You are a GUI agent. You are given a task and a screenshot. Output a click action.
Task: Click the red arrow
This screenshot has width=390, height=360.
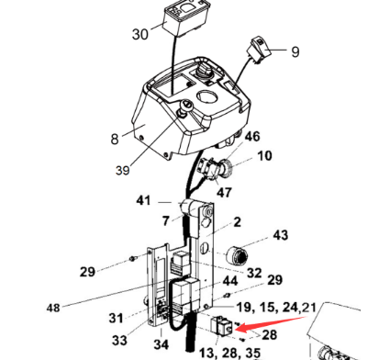(x=271, y=324)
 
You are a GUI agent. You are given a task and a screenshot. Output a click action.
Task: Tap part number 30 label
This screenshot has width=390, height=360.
(x=140, y=34)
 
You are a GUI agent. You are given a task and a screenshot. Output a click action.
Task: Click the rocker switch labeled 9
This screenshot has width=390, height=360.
(x=260, y=50)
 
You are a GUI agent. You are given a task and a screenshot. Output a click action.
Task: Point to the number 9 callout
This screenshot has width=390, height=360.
(x=295, y=51)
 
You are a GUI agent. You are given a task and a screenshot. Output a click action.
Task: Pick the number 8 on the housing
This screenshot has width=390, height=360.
(x=115, y=139)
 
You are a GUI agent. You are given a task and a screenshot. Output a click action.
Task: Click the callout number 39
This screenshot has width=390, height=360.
(x=123, y=170)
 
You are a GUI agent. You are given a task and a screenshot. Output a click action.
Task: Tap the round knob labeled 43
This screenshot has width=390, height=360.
(x=238, y=254)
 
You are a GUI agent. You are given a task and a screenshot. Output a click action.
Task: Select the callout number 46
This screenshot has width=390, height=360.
(x=252, y=136)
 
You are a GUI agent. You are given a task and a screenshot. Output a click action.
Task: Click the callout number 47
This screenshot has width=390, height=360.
(x=224, y=193)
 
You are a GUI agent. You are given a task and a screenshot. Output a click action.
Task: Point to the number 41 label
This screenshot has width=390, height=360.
(x=143, y=201)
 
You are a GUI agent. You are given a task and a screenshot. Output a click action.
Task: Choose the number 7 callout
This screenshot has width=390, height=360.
(x=165, y=220)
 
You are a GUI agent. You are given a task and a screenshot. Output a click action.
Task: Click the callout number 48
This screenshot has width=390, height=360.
(x=53, y=308)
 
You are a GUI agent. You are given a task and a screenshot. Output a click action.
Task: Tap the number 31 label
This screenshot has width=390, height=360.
(x=116, y=318)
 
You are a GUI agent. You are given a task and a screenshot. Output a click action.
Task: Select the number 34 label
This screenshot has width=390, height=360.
(x=161, y=344)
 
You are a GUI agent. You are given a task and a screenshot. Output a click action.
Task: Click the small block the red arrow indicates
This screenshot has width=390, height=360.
(x=222, y=325)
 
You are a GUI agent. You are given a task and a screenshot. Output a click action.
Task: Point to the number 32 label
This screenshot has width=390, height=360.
(x=254, y=273)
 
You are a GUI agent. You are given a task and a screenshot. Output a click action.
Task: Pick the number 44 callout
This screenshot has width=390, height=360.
(x=230, y=281)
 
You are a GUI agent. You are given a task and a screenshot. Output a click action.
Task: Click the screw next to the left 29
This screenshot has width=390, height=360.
(x=132, y=259)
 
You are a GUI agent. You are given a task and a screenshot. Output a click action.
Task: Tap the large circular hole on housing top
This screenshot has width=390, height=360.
(x=207, y=97)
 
